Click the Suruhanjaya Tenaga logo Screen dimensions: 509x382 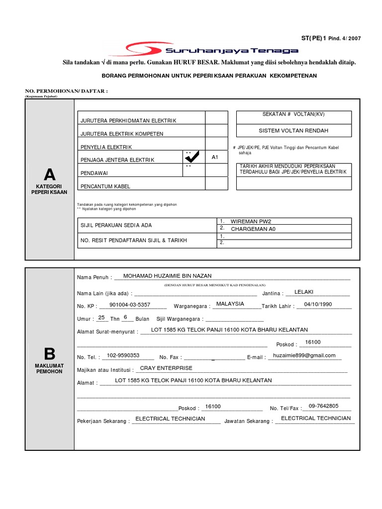(x=212, y=50)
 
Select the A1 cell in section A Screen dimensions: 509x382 (x=215, y=157)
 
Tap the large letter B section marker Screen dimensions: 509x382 (x=49, y=354)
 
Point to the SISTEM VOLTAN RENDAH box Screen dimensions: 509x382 (x=293, y=131)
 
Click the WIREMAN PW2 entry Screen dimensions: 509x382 (x=251, y=221)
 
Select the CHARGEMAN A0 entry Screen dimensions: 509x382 (x=253, y=229)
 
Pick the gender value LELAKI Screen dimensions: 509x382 (x=304, y=292)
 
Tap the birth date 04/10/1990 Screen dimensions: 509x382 (x=318, y=305)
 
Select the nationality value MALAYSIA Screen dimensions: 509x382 (x=230, y=304)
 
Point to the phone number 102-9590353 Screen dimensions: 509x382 (x=123, y=355)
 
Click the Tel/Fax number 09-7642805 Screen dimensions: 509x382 (x=323, y=406)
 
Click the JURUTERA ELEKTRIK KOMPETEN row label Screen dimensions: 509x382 (x=121, y=134)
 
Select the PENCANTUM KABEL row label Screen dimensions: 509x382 (x=105, y=186)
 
